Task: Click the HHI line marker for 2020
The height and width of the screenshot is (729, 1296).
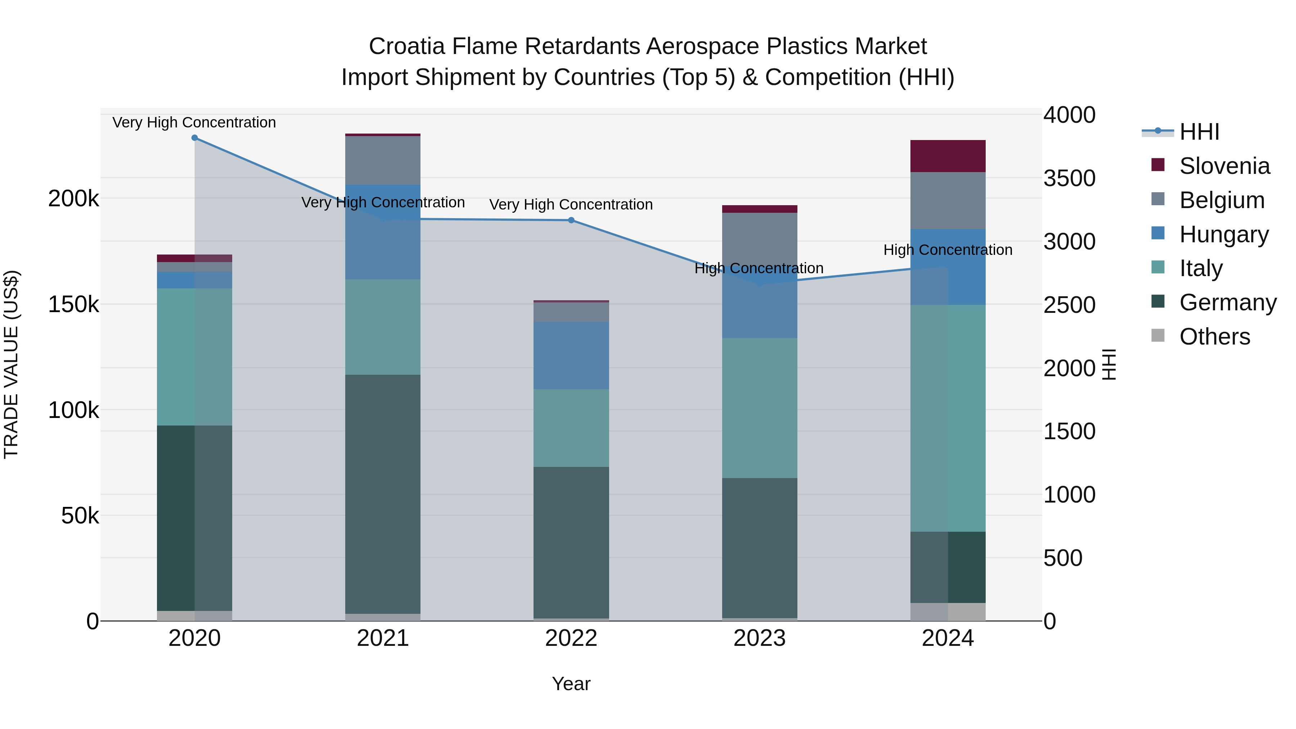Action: point(195,138)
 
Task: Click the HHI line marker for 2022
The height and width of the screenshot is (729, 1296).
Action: point(571,220)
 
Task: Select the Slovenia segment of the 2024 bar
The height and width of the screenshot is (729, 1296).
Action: point(948,157)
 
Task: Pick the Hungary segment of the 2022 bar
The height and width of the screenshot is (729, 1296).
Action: point(571,355)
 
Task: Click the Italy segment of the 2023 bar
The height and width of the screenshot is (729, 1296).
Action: point(760,408)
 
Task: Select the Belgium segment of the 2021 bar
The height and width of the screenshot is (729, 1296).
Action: point(383,161)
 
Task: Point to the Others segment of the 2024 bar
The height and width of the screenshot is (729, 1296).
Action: point(948,612)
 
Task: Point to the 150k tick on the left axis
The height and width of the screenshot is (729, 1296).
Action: point(73,304)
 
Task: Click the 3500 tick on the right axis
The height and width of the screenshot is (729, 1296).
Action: point(1069,178)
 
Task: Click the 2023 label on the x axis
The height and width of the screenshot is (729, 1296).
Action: point(760,638)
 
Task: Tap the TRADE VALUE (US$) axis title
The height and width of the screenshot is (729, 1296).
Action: point(11,364)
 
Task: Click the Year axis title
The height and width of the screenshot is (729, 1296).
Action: point(571,684)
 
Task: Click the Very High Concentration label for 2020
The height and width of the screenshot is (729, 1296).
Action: point(194,122)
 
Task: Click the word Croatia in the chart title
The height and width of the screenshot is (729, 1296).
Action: point(406,46)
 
